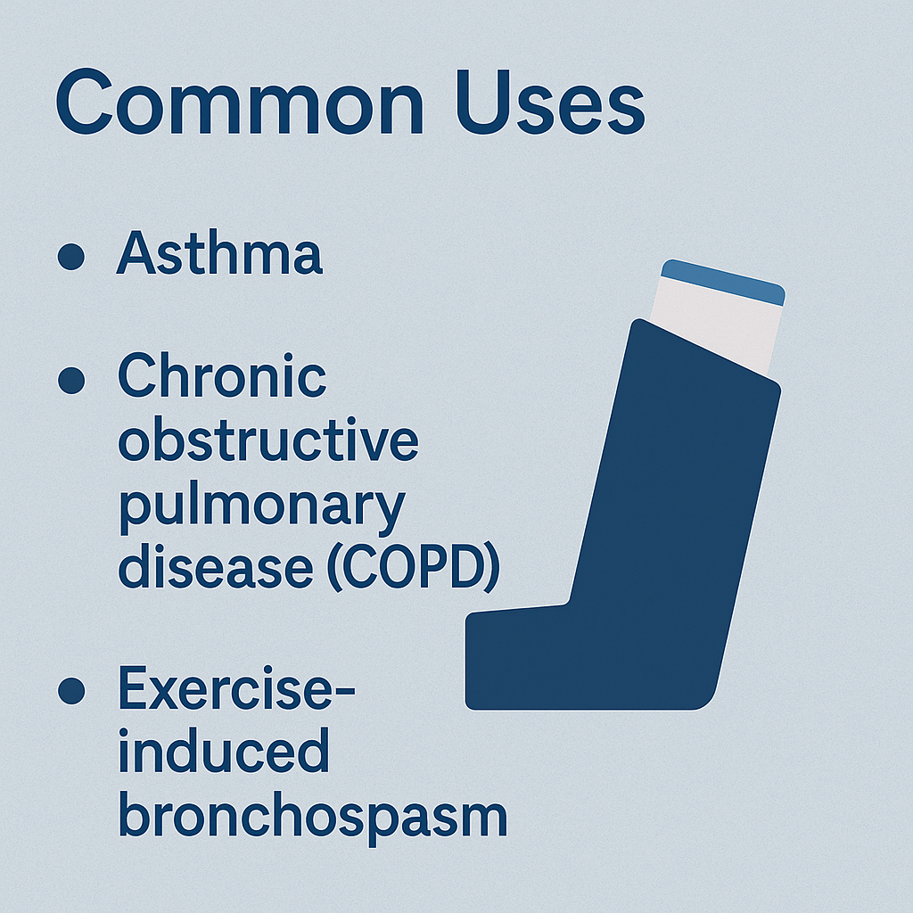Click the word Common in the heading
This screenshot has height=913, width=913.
pos(240,103)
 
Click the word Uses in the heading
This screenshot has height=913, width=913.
pos(550,103)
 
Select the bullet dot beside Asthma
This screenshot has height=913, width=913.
pos(71,256)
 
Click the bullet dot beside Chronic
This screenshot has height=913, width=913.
pos(71,380)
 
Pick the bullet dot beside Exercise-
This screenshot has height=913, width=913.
pos(71,691)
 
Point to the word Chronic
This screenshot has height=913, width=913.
pos(222,375)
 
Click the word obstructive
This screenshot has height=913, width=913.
pos(267,439)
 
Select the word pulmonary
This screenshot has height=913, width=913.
pos(262,507)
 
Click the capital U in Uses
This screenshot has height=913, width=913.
pos(483,103)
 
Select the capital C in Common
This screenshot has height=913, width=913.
pos(84,102)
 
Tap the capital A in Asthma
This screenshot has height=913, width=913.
pos(136,252)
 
